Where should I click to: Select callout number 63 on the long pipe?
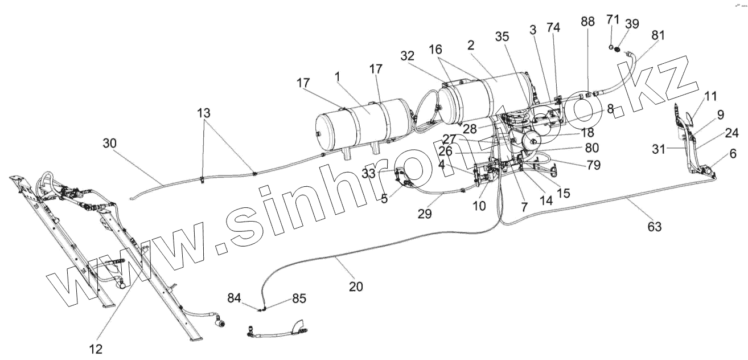coord(655,227)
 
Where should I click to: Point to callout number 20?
coord(356,287)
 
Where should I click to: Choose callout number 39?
coord(631,23)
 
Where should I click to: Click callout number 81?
coord(657,35)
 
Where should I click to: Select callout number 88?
coord(588,22)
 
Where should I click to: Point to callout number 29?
coord(425,214)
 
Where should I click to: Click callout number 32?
coord(408,56)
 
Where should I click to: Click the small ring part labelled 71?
coord(610,48)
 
